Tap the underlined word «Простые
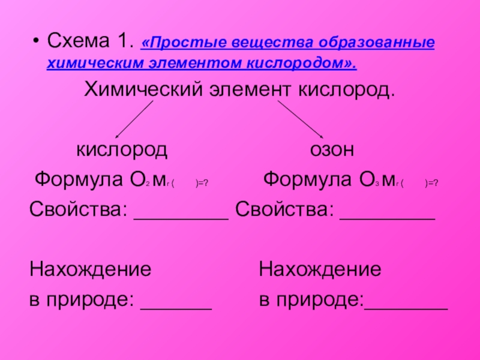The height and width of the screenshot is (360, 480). [175, 44]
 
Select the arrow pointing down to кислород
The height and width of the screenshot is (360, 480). [134, 119]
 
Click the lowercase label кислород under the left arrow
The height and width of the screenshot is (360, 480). [121, 149]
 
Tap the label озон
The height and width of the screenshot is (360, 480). [332, 149]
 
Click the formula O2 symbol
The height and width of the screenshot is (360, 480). [133, 179]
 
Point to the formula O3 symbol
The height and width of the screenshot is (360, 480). [362, 179]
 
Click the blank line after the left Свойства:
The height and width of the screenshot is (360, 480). [181, 218]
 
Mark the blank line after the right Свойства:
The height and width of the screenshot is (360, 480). [387, 218]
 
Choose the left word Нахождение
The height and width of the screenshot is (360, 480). [90, 269]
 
